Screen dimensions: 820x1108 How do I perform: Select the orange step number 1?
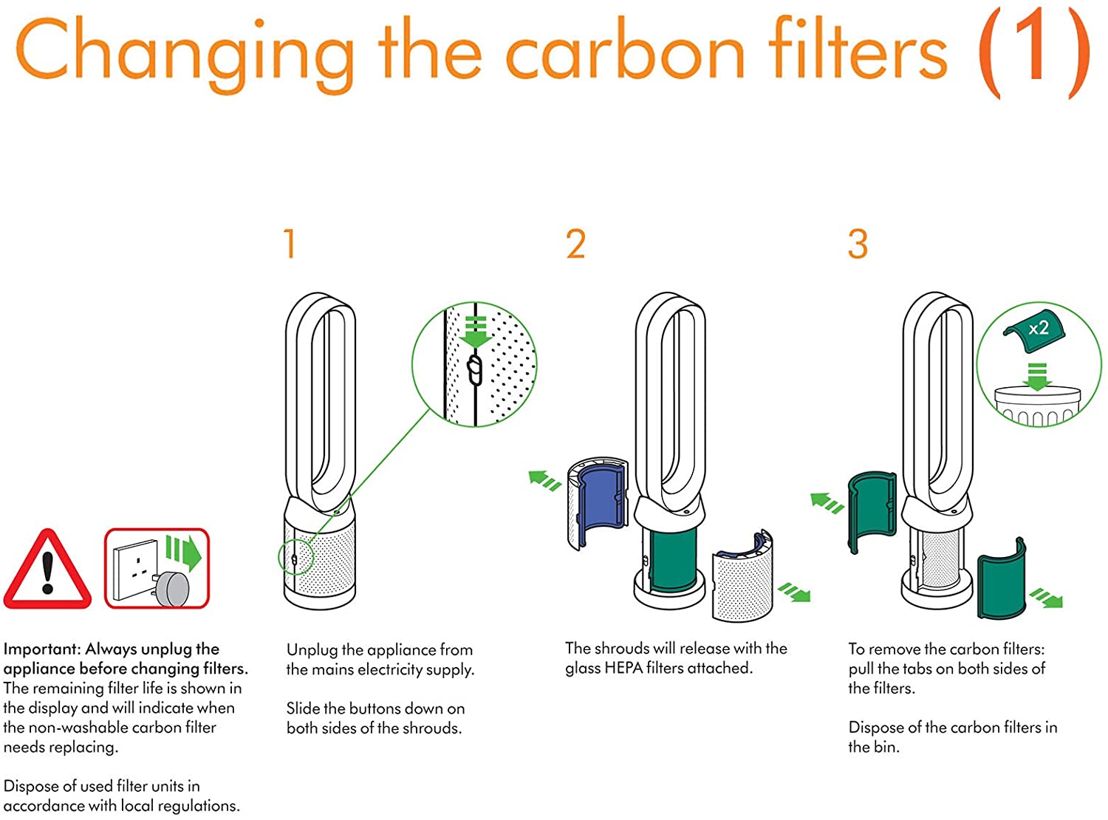tap(290, 244)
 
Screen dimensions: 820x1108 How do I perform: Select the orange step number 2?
tap(575, 244)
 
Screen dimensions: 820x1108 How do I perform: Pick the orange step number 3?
tap(858, 244)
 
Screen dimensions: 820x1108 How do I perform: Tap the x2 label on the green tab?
tap(1039, 328)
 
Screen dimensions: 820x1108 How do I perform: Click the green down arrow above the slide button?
tap(476, 332)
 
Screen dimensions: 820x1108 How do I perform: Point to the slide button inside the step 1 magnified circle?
tap(475, 370)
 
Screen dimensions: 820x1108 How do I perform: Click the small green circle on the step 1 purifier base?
tap(295, 559)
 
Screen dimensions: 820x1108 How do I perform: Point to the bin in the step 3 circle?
tap(1037, 407)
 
